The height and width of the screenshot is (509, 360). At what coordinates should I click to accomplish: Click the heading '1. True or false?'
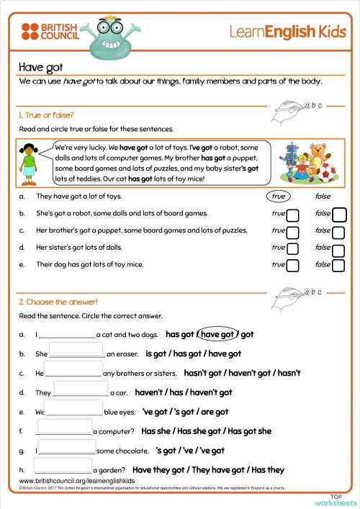47,114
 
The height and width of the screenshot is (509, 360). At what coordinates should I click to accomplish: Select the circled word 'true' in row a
278,196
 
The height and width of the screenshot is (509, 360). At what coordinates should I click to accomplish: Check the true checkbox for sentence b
293,215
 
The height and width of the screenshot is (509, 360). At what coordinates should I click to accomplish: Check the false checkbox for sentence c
338,232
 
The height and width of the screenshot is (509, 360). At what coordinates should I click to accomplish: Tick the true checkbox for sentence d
293,249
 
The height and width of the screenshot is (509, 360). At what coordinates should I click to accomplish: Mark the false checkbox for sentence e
338,266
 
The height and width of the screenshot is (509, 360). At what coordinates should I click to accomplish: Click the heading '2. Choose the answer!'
58,302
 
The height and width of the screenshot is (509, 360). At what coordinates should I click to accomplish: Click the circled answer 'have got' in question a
217,334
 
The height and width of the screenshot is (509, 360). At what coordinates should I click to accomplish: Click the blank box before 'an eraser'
76,351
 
